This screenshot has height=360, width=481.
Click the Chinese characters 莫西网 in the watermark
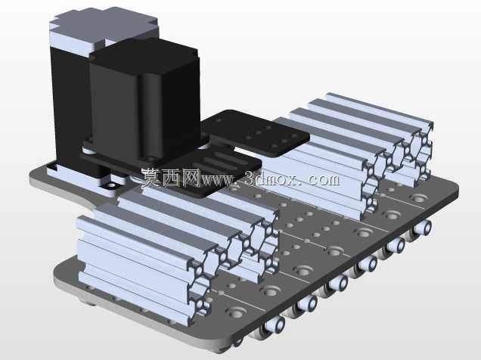[x=171, y=178]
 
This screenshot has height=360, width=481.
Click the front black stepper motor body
[x=144, y=101]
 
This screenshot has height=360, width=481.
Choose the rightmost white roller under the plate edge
[x=423, y=228]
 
